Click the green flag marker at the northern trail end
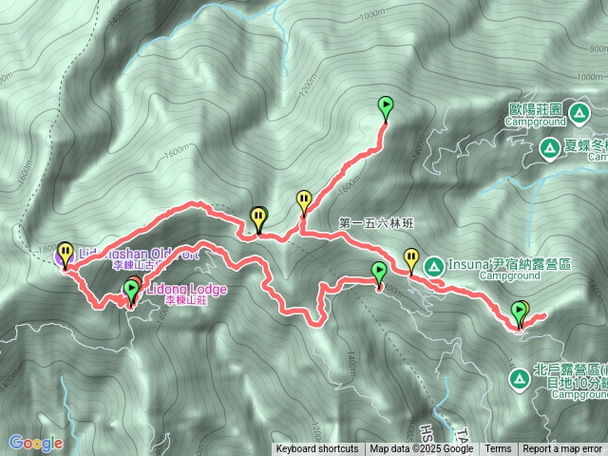point(386,106)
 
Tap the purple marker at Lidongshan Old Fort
point(66,254)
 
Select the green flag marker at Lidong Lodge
point(131,290)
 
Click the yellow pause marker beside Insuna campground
point(411,257)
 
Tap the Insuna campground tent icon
point(433,264)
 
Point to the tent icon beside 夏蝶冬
point(549,148)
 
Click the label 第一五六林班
point(377,224)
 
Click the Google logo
point(35,443)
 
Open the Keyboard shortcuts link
point(317,449)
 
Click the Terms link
point(498,449)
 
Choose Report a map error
point(562,449)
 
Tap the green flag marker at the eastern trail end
point(520,310)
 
